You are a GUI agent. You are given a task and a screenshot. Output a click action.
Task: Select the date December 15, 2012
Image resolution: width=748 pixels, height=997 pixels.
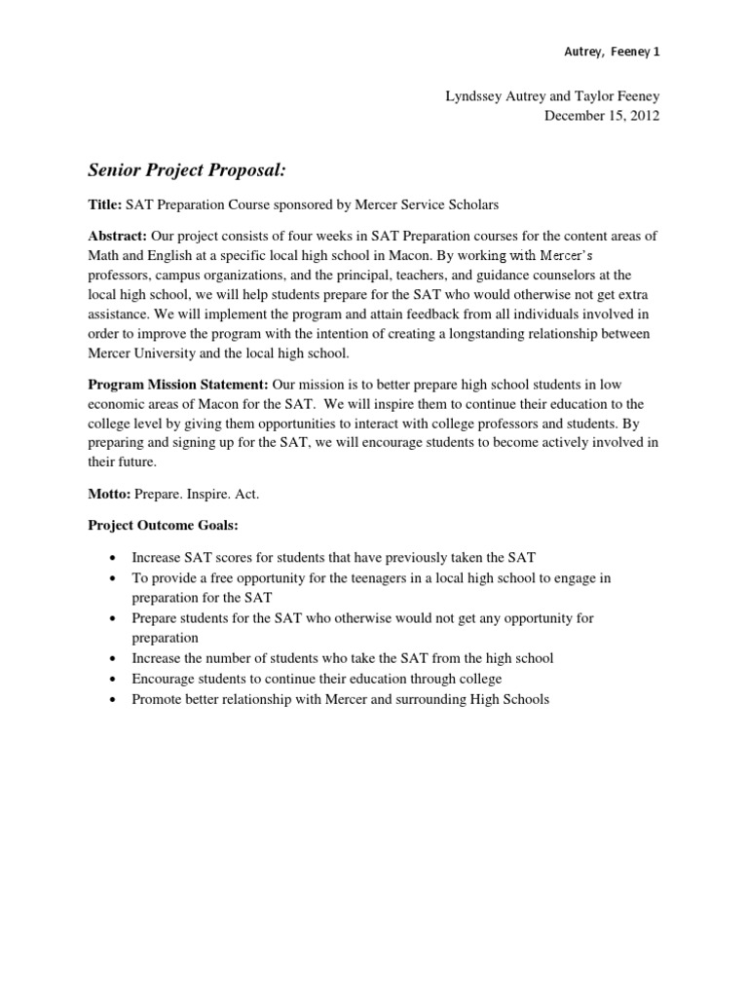point(602,116)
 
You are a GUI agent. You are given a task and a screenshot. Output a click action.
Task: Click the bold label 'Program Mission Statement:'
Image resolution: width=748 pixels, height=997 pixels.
point(178,385)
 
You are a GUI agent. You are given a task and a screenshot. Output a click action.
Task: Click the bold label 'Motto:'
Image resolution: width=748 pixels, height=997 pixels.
point(108,494)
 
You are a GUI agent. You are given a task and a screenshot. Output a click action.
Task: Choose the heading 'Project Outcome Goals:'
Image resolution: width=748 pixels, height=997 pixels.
point(163,526)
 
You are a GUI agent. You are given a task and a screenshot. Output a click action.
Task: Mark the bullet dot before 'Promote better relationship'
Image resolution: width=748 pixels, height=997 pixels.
point(114,700)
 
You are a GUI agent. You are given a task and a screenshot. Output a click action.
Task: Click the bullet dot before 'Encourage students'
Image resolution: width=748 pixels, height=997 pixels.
point(114,680)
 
